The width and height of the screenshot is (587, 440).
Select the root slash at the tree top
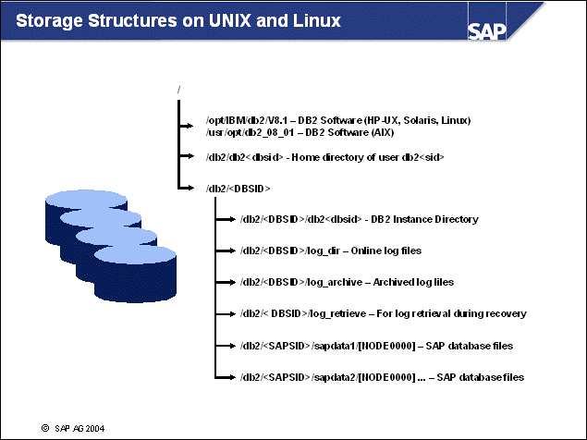click(176, 90)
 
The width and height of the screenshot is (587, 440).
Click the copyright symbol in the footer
click(43, 429)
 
